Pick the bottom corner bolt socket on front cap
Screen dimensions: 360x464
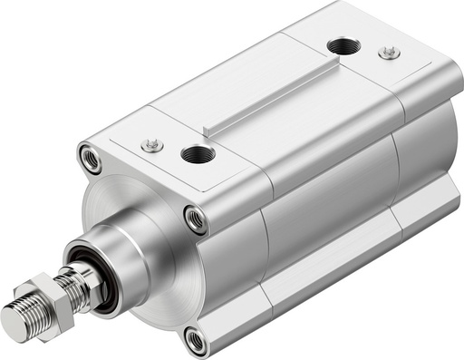point(195,340)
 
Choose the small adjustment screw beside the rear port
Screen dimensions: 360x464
point(389,53)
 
